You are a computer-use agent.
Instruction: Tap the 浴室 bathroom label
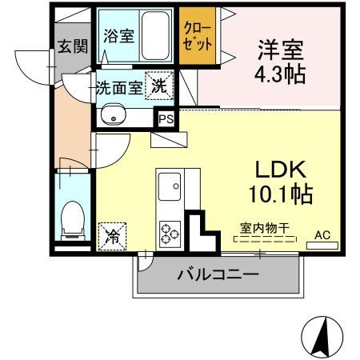[117, 36]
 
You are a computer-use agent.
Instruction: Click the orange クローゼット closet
[196, 37]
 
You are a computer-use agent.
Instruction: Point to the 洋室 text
[279, 50]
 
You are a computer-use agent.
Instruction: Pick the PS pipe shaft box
[166, 119]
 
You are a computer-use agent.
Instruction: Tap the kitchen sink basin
[169, 189]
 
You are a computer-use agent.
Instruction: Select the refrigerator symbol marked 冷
[112, 235]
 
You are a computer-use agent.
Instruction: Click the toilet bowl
[72, 218]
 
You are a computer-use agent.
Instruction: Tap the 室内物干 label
[263, 226]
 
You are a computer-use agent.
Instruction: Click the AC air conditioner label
[322, 235]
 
